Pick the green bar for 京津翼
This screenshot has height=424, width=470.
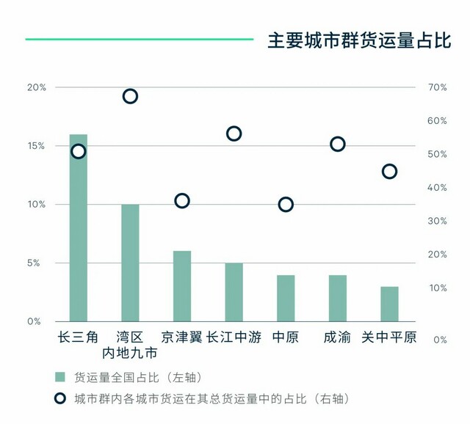(182, 286)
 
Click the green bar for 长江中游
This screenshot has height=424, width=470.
(234, 292)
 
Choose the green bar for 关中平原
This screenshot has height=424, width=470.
(389, 304)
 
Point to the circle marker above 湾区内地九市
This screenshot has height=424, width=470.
(130, 96)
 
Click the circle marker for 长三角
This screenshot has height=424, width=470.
(79, 151)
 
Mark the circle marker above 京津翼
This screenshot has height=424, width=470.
(182, 201)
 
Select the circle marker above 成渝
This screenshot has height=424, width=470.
(338, 144)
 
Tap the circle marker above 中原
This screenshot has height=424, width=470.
(286, 205)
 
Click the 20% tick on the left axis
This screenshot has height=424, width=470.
(37, 87)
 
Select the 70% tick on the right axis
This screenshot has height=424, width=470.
(437, 87)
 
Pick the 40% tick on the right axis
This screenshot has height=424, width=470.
(437, 188)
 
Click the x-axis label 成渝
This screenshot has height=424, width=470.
(337, 337)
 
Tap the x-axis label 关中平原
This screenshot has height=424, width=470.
(389, 337)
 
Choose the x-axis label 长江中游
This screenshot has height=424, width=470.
(234, 337)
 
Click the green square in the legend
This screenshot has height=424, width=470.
(60, 377)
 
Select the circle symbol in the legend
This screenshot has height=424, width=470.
(60, 399)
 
